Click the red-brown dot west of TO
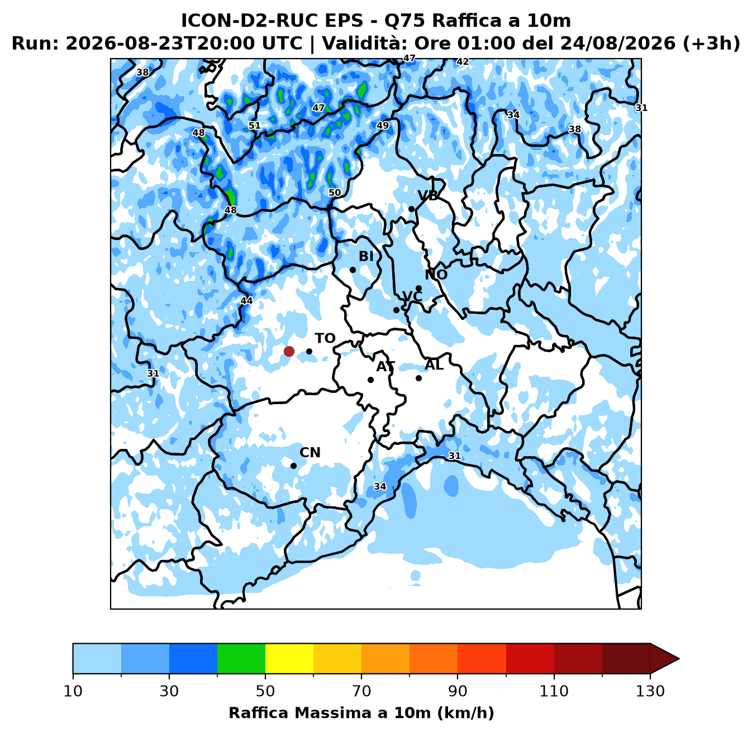click(289, 351)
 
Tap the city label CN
click(310, 452)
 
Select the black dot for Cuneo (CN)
click(293, 466)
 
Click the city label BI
click(366, 256)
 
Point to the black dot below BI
click(353, 270)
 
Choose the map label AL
click(434, 365)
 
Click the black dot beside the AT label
click(370, 380)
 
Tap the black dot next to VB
click(412, 209)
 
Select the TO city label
click(325, 338)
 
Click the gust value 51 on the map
click(254, 126)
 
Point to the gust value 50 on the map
click(335, 193)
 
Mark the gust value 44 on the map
click(246, 300)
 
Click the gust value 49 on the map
click(383, 126)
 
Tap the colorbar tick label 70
click(361, 691)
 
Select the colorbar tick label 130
click(650, 691)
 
